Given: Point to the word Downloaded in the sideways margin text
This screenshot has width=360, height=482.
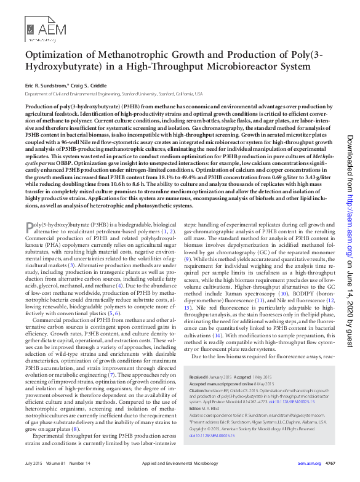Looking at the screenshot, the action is [x=350, y=155].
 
